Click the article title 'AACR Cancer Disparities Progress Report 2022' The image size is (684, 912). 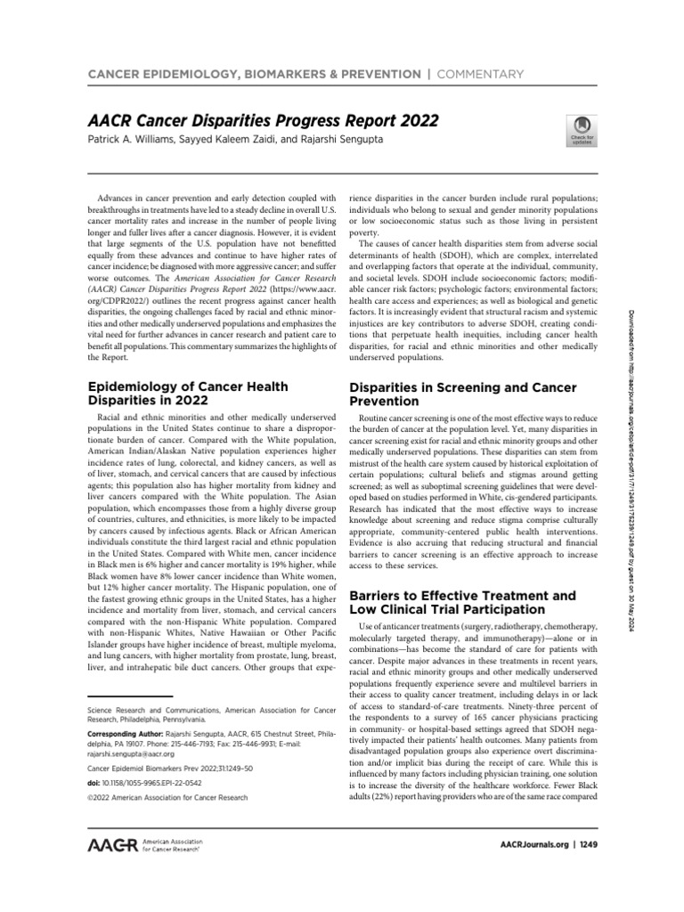263,120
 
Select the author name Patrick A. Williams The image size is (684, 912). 134,141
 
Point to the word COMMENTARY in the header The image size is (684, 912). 479,74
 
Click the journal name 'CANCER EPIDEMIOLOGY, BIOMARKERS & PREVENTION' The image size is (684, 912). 253,74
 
